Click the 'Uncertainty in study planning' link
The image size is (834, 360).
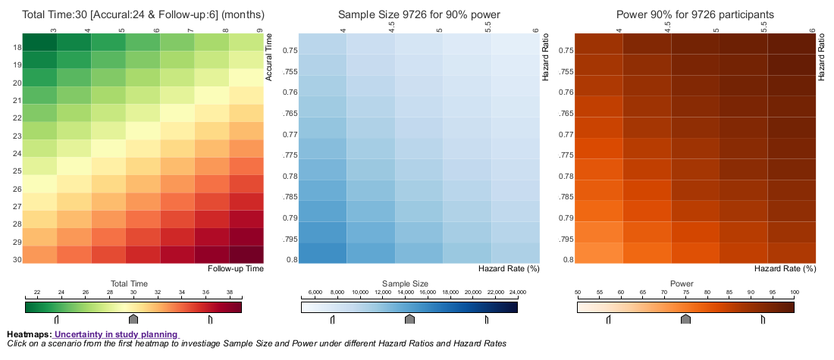pos(116,334)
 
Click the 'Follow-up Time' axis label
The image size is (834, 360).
pos(235,268)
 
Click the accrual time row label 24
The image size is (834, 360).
pos(17,152)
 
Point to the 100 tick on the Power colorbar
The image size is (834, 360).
pos(795,292)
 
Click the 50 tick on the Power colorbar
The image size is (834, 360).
pos(578,292)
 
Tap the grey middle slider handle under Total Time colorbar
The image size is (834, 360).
pos(133,319)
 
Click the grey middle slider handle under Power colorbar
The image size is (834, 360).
pos(685,319)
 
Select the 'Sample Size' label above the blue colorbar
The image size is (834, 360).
pos(409,283)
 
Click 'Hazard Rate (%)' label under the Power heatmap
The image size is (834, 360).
pos(785,268)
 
